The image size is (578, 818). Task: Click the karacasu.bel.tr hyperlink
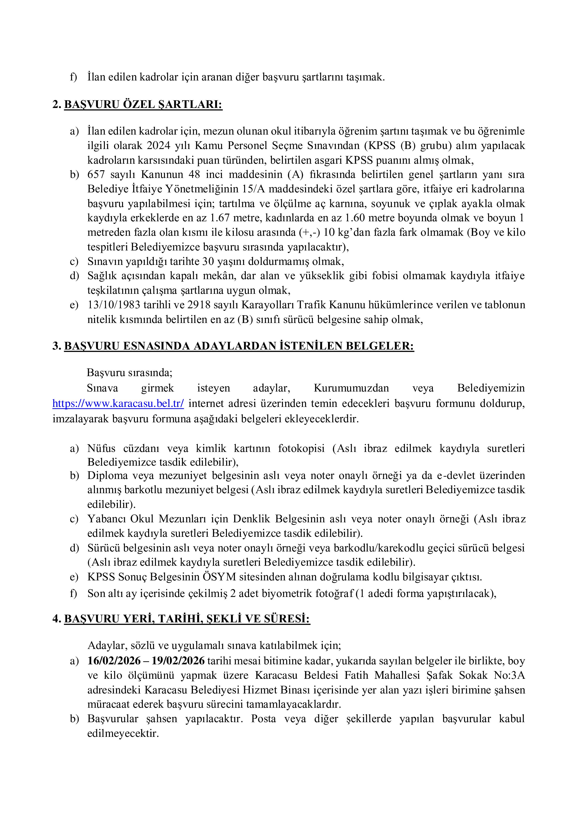(118, 404)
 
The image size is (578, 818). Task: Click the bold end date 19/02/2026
(178, 661)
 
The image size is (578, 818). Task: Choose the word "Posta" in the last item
(263, 719)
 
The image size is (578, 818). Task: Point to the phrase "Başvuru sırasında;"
(130, 373)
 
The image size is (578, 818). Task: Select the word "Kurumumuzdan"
(351, 388)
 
